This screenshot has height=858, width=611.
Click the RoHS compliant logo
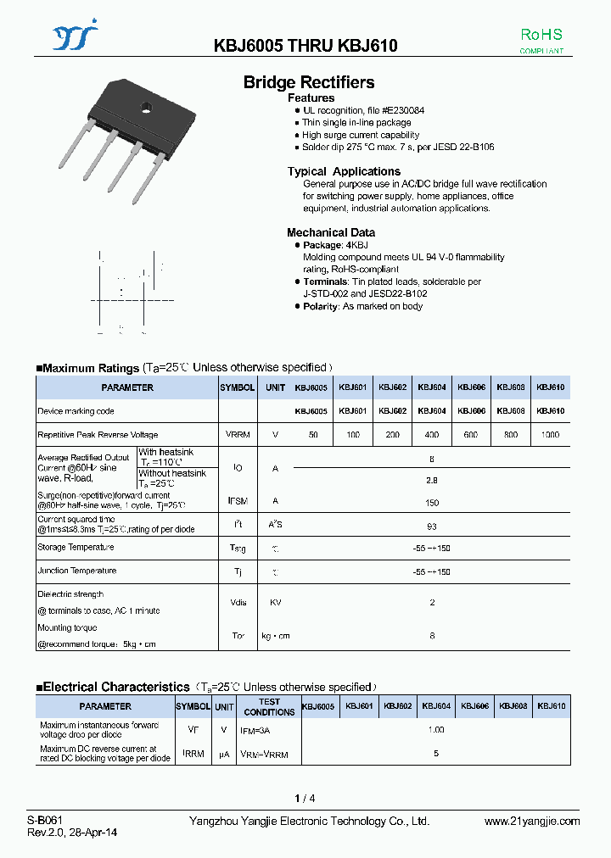click(x=541, y=41)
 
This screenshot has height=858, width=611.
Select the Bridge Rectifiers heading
click(x=309, y=82)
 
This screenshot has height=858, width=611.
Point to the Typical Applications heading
click(x=344, y=171)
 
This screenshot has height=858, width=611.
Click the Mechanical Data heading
click(x=331, y=232)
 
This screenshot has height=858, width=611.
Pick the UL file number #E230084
click(x=403, y=111)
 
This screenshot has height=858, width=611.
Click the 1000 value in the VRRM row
click(x=550, y=434)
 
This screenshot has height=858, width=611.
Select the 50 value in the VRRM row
click(x=313, y=434)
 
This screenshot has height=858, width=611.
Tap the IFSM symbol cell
click(x=238, y=501)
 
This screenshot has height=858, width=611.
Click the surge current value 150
click(x=432, y=501)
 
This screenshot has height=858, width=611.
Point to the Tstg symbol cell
click(x=238, y=549)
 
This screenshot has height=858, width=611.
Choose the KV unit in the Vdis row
click(x=275, y=603)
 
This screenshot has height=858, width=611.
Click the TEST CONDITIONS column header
click(x=269, y=707)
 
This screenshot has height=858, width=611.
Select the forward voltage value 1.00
click(x=435, y=730)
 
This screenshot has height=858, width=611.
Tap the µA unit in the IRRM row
click(x=224, y=754)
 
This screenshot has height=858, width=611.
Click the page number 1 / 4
click(x=305, y=799)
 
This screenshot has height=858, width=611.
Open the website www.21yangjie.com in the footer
click(x=532, y=822)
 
